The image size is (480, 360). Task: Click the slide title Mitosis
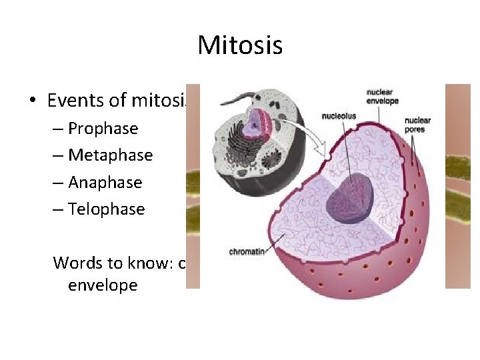240,45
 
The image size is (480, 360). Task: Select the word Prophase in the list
103,129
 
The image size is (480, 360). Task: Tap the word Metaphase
110,155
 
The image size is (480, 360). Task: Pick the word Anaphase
105,183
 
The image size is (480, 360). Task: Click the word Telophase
106,209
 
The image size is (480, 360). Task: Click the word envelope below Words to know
103,285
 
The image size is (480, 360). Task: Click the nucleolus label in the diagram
339,115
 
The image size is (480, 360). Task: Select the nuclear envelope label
382,96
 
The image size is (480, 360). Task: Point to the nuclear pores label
417,125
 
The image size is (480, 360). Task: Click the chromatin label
247,252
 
